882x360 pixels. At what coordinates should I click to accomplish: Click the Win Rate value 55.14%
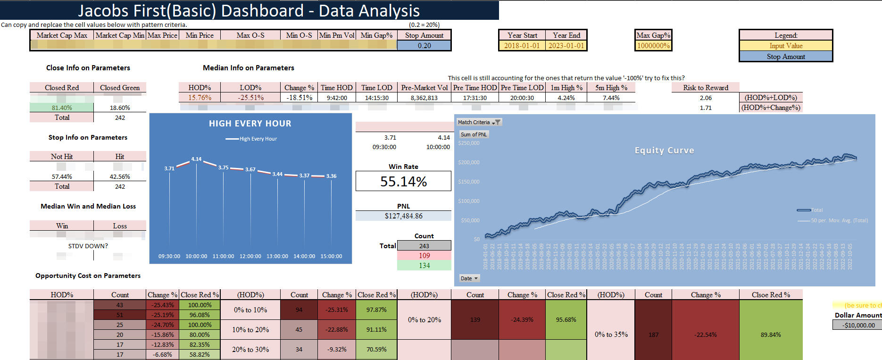coord(403,182)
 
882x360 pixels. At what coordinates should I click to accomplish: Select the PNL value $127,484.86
coord(403,216)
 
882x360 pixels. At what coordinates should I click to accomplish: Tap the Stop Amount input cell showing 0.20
coord(424,46)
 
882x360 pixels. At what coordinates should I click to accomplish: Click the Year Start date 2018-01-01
coord(522,46)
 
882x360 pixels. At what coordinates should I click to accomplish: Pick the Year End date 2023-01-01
coord(566,46)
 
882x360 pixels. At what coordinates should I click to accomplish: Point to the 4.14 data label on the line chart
coord(196,159)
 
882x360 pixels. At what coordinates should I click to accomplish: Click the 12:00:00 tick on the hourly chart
coord(250,256)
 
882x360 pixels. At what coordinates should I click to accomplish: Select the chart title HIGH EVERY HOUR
coord(250,124)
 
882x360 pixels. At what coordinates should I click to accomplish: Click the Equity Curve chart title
coord(664,151)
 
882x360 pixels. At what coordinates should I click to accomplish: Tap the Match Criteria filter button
coord(496,122)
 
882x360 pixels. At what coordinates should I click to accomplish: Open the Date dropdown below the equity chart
coord(469,278)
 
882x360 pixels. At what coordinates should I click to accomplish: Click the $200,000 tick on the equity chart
coord(468,162)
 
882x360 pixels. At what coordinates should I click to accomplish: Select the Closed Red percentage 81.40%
coord(62,108)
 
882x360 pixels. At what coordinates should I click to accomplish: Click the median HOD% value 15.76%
coord(200,98)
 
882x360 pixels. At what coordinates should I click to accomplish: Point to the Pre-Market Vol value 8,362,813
coord(424,98)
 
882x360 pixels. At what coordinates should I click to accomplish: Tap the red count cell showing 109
coord(424,256)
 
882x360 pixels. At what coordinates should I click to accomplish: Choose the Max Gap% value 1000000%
coord(653,46)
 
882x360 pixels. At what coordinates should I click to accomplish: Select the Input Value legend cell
coord(786,46)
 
